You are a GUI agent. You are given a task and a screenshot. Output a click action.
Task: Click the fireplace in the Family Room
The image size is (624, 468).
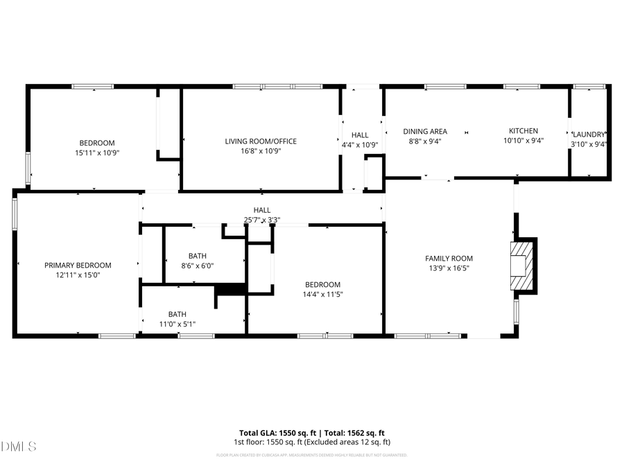[523, 266]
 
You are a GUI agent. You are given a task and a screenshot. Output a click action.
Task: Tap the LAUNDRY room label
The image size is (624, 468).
[589, 135]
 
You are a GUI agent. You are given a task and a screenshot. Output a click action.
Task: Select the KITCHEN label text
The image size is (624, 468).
[523, 131]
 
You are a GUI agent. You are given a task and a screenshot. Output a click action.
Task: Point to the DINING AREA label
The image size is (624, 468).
[425, 131]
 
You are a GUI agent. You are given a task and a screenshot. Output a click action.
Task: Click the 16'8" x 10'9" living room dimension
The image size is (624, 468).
[261, 152]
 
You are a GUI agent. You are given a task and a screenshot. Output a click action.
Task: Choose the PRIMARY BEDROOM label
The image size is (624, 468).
[78, 266]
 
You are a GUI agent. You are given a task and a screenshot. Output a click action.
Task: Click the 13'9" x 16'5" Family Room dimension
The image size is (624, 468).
[449, 269]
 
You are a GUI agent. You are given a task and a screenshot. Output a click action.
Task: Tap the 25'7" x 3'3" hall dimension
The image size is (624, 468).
[261, 220]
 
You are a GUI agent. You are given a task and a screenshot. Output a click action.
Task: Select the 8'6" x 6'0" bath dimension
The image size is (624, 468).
[197, 266]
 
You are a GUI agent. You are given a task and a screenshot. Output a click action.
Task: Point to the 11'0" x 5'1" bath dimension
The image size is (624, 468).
[177, 323]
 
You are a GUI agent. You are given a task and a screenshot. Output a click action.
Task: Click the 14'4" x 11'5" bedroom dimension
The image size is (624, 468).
[322, 295]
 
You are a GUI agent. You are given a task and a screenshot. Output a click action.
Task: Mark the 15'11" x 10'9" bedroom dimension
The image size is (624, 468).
[96, 153]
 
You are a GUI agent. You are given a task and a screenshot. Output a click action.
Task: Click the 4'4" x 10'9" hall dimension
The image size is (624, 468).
[360, 146]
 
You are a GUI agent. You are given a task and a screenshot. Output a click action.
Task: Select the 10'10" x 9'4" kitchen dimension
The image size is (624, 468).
[523, 141]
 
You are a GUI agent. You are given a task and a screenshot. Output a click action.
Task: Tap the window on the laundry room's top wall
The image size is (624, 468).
[589, 87]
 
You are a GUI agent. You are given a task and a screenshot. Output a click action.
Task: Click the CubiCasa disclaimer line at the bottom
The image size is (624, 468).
[311, 456]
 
